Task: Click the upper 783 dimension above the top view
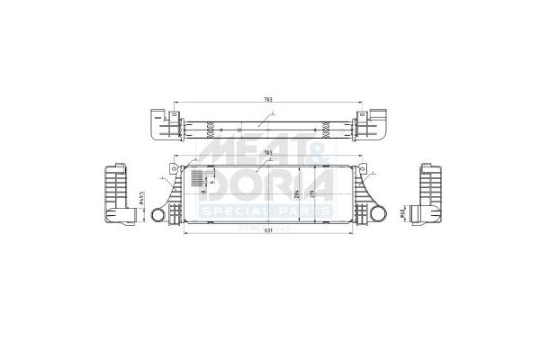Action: (267, 98)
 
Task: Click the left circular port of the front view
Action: (157, 216)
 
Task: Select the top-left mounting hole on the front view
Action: (182, 167)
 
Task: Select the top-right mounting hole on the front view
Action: (358, 167)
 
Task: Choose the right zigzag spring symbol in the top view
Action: (321, 124)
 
